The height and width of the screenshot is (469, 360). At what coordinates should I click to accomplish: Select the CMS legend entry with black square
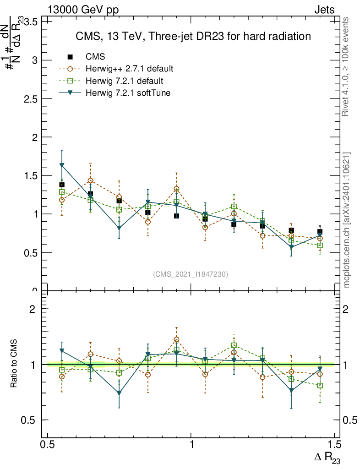[95, 57]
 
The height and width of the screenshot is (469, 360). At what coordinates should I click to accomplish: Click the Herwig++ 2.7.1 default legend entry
[129, 69]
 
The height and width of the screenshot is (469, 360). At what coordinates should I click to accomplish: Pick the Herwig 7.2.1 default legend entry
[124, 81]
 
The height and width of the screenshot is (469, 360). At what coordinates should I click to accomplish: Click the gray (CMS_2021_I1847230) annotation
[191, 274]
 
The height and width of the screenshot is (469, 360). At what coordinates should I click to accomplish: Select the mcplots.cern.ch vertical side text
[347, 220]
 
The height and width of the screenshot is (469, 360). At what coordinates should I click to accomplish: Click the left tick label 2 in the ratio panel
[33, 309]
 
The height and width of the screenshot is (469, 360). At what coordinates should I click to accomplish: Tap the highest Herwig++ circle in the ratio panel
[176, 339]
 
